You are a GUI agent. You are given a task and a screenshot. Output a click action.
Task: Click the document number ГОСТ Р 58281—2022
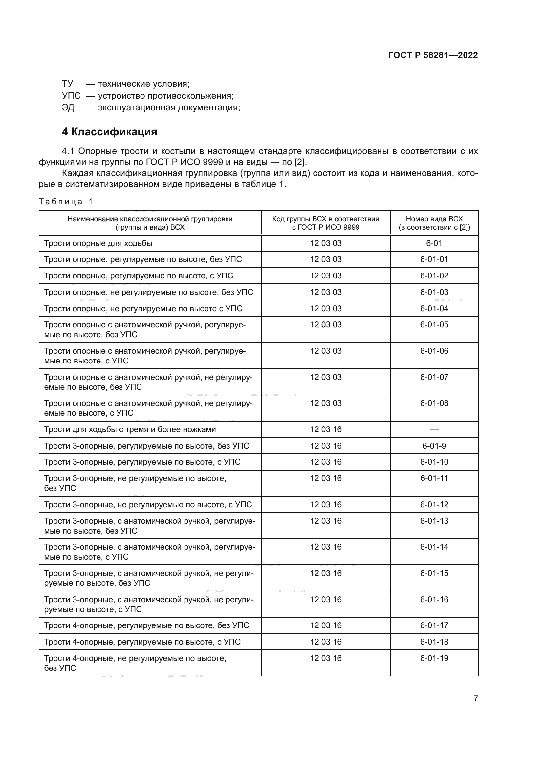[433, 55]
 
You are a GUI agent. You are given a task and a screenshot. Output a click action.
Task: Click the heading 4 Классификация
[109, 132]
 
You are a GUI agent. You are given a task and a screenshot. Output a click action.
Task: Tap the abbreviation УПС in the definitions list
[71, 96]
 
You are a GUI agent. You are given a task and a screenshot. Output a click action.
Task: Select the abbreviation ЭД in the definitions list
[68, 108]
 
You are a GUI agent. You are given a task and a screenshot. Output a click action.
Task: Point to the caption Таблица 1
[66, 201]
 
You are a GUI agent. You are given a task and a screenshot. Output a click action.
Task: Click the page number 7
[475, 698]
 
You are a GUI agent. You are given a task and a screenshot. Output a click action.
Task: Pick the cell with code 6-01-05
[434, 325]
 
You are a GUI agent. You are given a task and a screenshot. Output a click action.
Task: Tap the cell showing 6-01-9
[434, 446]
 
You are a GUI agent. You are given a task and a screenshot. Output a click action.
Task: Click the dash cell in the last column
[434, 429]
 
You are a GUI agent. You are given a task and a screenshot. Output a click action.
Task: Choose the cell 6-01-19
[434, 658]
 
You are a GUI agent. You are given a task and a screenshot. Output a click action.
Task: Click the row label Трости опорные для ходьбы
[98, 243]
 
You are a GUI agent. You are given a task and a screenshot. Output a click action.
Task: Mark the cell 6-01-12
[434, 504]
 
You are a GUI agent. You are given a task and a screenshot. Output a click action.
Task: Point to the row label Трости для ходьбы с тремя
[130, 429]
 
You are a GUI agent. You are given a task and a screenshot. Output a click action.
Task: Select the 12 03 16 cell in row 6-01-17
[326, 625]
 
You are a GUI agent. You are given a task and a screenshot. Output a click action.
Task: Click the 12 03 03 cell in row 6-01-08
[326, 404]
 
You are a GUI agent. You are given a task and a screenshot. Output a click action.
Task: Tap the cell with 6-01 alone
[434, 243]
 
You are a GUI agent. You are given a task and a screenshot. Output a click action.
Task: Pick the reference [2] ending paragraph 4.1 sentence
[300, 162]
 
